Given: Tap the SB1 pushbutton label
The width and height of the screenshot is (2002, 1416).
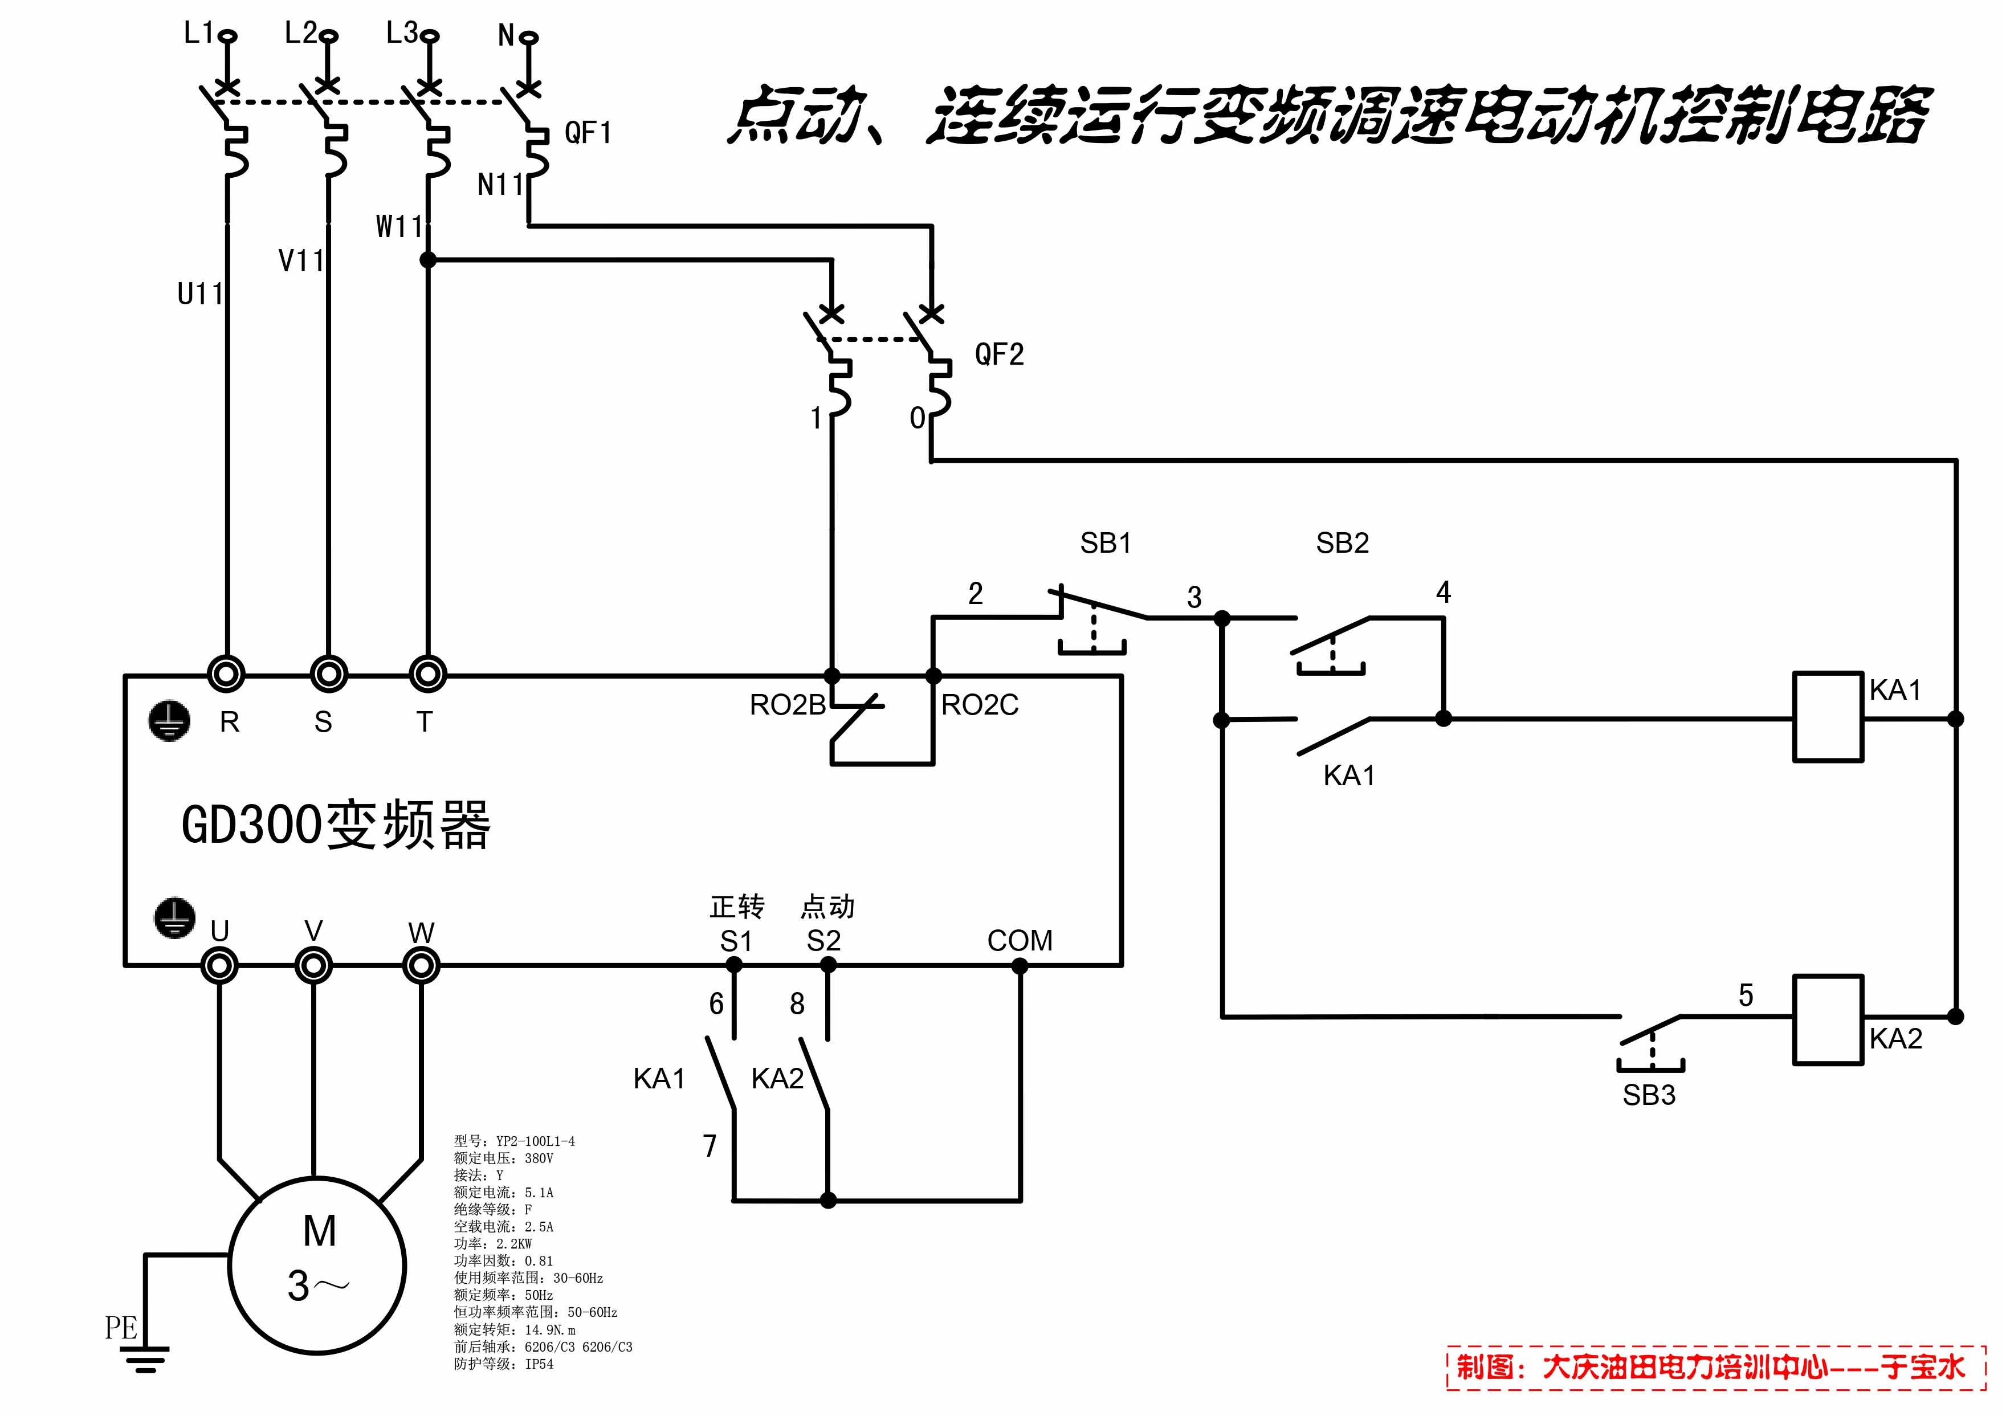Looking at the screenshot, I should [x=1105, y=543].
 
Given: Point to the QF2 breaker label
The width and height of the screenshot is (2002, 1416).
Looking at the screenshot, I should [x=999, y=354].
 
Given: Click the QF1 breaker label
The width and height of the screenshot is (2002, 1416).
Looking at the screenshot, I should [x=589, y=133].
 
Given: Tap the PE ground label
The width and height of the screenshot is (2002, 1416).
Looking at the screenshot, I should [x=121, y=1328].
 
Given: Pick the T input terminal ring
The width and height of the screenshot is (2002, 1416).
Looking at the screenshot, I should [x=427, y=674].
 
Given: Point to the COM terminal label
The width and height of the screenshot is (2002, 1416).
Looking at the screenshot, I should [x=1020, y=940].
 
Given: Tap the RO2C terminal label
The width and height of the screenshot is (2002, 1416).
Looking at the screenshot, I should [x=979, y=704].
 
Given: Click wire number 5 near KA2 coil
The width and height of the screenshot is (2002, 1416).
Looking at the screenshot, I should [x=1746, y=995].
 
